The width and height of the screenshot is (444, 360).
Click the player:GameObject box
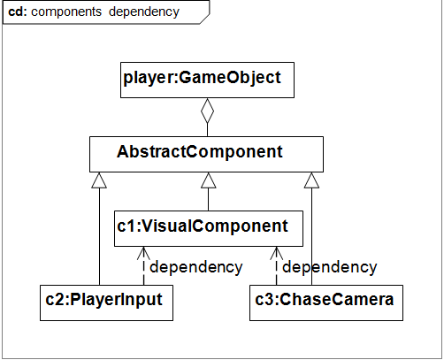coord(207,80)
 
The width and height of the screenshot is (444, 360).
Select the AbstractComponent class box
coord(206,154)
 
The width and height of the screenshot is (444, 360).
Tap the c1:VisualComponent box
coord(209,228)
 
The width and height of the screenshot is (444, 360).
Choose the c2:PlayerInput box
coord(106,303)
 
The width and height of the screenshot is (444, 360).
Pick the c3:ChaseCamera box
coord(326,303)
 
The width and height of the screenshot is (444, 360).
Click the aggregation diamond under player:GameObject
coord(207,111)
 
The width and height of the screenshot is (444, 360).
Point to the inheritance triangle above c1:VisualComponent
coord(209,180)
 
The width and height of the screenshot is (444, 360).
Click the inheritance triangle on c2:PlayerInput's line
coord(99,180)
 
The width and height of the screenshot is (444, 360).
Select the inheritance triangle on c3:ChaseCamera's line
coord(311,180)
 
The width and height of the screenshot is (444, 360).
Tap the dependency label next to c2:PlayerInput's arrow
coord(196,268)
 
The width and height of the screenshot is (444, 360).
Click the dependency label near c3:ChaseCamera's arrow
coord(330,268)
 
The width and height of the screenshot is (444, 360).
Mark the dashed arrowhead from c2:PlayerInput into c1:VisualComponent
coord(143,253)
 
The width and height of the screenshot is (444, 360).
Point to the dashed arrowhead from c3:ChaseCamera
coord(276,253)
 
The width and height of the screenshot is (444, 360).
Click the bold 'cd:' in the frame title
coord(18,11)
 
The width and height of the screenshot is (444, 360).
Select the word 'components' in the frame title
coord(66,12)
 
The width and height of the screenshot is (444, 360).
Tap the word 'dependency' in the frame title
coord(144,12)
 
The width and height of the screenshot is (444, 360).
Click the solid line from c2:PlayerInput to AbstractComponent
coord(99,236)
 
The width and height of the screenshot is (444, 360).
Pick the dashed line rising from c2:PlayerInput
coord(143,266)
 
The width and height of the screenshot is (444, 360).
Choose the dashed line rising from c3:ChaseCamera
coord(276,266)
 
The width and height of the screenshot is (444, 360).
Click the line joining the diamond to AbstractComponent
coord(207,130)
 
